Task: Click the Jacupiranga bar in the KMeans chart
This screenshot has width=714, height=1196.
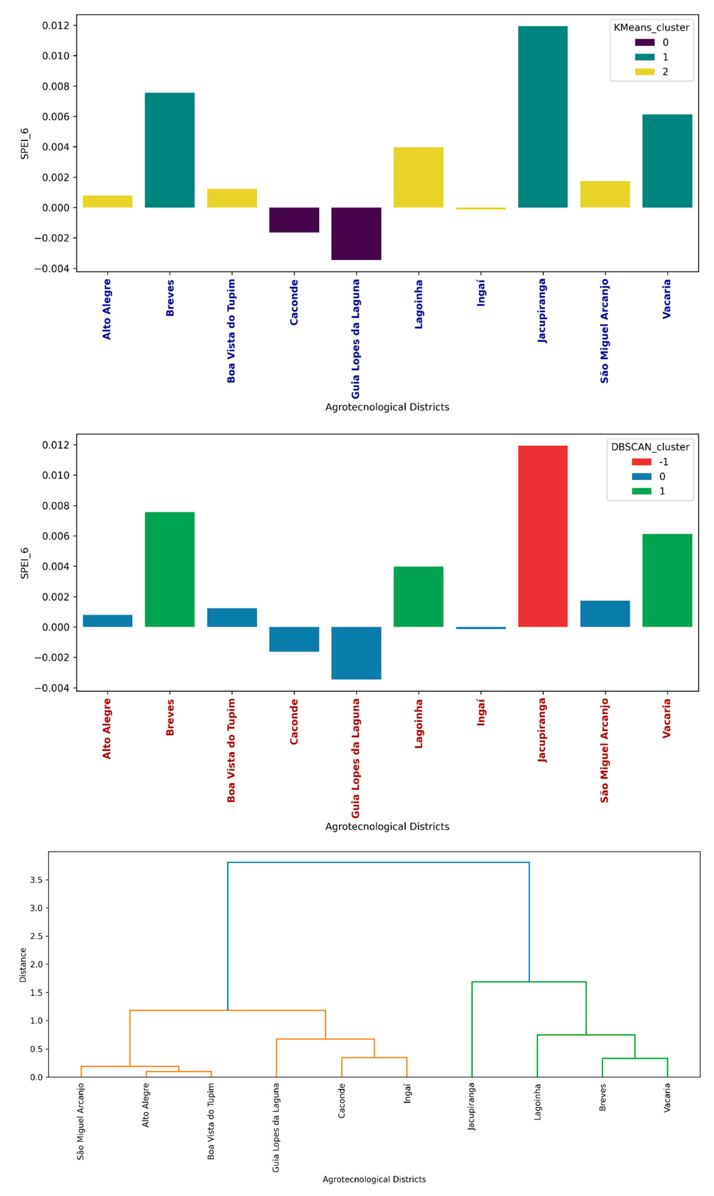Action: (x=543, y=117)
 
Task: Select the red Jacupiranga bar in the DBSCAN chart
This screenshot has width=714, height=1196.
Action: (x=543, y=536)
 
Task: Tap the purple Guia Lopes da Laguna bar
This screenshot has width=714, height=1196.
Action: (x=356, y=234)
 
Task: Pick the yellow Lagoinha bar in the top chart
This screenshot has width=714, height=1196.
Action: (x=418, y=178)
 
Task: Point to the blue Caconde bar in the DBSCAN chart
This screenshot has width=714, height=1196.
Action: (x=294, y=639)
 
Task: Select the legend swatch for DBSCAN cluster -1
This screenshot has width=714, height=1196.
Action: (x=641, y=462)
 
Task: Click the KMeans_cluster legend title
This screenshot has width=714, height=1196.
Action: (x=651, y=28)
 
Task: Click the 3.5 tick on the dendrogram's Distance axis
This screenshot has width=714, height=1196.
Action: (x=36, y=880)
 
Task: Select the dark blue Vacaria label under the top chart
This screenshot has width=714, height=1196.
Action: (x=666, y=299)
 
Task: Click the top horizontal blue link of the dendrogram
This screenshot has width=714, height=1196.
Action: (x=378, y=862)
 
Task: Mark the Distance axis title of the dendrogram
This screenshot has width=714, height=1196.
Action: (x=22, y=965)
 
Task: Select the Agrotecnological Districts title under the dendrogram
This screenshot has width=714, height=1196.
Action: (x=374, y=1179)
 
